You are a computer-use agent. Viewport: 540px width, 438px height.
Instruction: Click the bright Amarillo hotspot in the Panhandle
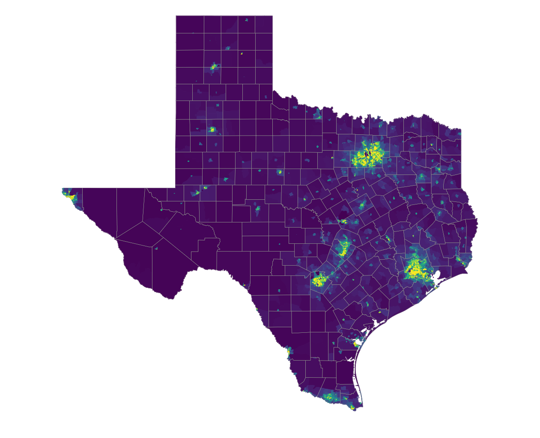coord(213,67)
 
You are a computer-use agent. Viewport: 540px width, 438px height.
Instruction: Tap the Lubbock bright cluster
coord(212,129)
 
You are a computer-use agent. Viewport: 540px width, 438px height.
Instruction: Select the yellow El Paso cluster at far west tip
coord(71,198)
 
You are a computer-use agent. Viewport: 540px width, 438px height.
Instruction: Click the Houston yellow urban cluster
coord(415,269)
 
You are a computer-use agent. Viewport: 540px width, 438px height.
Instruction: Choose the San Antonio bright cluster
coord(319,281)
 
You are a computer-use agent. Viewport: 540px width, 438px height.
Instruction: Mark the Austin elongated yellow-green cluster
coord(343,248)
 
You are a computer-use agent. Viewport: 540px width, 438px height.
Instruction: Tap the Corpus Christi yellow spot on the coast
coord(355,343)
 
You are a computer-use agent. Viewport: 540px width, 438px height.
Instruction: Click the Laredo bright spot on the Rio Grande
coord(289,352)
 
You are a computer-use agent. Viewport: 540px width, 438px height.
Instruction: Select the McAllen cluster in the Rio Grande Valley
coord(329,397)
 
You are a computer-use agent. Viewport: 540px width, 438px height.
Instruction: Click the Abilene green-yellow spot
coord(280,172)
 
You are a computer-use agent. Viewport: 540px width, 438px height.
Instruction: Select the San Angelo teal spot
coord(258,209)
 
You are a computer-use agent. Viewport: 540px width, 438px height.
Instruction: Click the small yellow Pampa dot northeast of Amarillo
coord(242,53)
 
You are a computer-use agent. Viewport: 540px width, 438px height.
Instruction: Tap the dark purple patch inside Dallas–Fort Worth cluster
coord(367,154)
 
